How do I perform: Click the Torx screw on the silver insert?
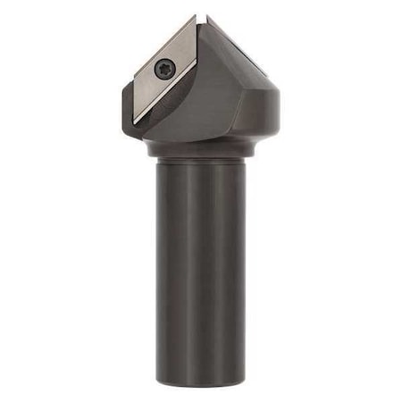(x=163, y=70)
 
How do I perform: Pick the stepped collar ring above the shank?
(x=201, y=150)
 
